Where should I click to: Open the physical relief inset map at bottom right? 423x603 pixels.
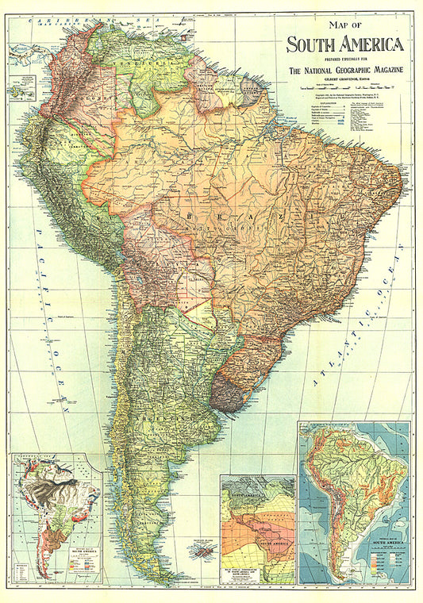coord(354,503)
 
